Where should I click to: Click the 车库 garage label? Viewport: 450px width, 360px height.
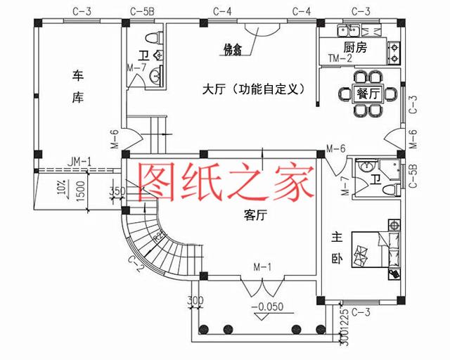tap(78, 86)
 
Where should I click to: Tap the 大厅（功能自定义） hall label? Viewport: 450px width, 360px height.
tap(252, 89)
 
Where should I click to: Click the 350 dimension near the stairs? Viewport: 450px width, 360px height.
tap(117, 190)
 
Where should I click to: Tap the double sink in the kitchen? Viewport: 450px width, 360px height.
tap(347, 30)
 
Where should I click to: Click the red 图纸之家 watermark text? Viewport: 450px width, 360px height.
tap(225, 181)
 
